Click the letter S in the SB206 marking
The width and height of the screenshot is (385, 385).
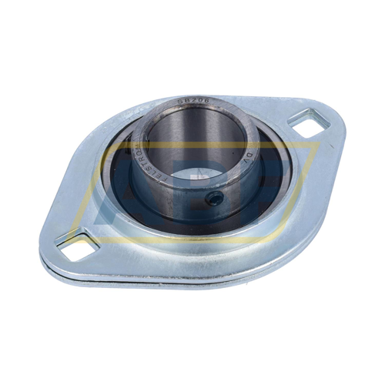point(178,102)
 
